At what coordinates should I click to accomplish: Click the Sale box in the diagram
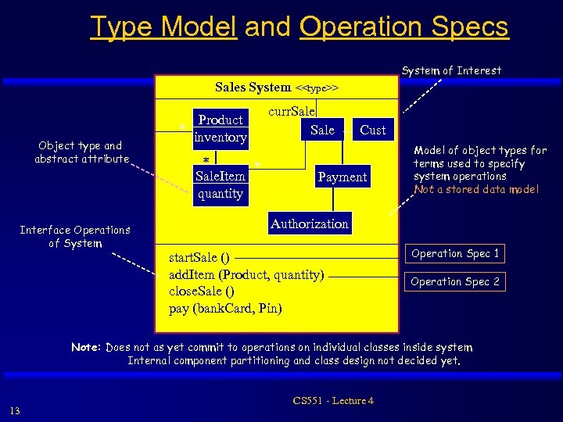click(x=321, y=131)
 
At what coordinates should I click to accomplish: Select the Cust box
click(x=372, y=131)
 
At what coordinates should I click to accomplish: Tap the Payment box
click(x=342, y=177)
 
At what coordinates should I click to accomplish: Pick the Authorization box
click(x=309, y=224)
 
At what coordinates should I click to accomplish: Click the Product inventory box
click(x=221, y=129)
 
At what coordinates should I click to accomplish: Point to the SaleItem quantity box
click(x=220, y=184)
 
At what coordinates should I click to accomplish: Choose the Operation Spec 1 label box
click(x=455, y=253)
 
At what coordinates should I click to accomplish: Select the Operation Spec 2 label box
click(x=455, y=281)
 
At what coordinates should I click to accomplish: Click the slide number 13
click(x=16, y=411)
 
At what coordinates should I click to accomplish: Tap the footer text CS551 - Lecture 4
click(x=333, y=401)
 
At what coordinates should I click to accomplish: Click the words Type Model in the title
click(x=163, y=27)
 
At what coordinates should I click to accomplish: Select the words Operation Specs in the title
click(x=403, y=27)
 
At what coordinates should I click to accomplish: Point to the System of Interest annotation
click(x=451, y=70)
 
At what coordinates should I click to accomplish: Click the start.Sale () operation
click(x=199, y=257)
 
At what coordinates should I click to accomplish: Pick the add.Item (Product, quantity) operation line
click(x=246, y=274)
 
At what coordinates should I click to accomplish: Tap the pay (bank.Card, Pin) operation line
click(x=225, y=308)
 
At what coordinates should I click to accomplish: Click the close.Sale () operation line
click(x=202, y=291)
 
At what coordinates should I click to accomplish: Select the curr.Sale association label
click(x=292, y=112)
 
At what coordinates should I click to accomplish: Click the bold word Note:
click(x=86, y=347)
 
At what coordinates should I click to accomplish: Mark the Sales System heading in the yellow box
click(x=253, y=88)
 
